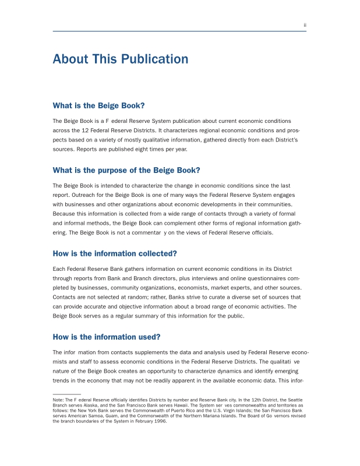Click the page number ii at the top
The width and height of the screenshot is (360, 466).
click(305, 25)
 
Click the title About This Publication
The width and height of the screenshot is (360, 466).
click(121, 59)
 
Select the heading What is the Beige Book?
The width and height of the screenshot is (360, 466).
click(98, 105)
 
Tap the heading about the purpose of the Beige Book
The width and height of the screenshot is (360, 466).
click(126, 170)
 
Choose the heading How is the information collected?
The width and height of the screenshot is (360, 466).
click(115, 253)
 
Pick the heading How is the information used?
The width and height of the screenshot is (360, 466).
click(107, 337)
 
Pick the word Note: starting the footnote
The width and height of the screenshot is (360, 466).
click(58, 400)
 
